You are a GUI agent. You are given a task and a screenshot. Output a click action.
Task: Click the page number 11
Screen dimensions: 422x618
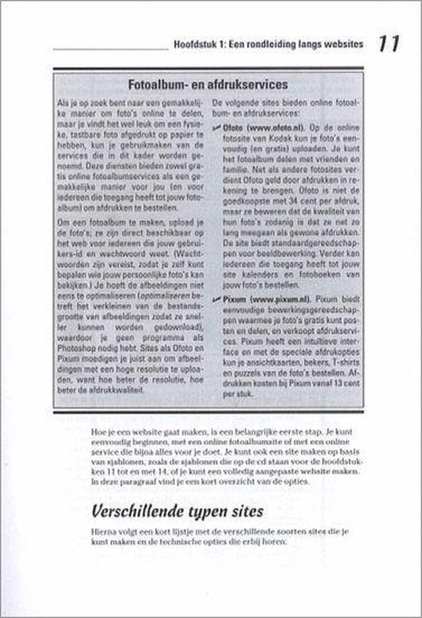coord(388,47)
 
